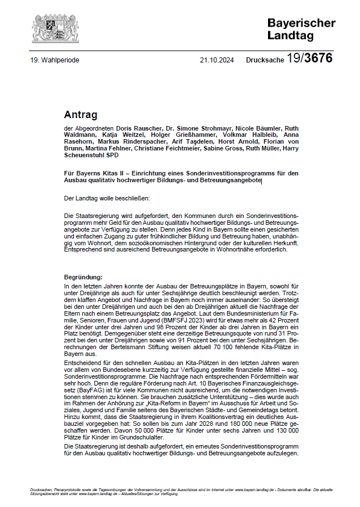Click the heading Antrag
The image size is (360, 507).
[81, 115]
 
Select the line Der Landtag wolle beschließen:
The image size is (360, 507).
[107, 198]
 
